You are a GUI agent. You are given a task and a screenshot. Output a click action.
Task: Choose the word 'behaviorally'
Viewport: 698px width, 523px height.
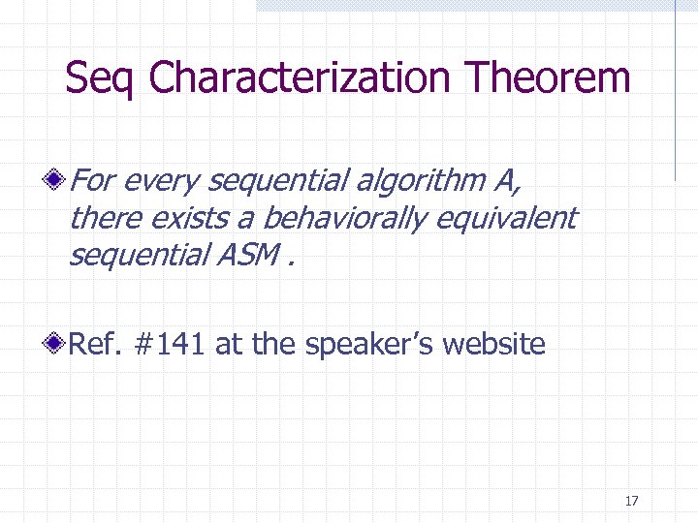(x=344, y=219)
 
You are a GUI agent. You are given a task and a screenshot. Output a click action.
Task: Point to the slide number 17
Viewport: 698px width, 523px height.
(x=632, y=501)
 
